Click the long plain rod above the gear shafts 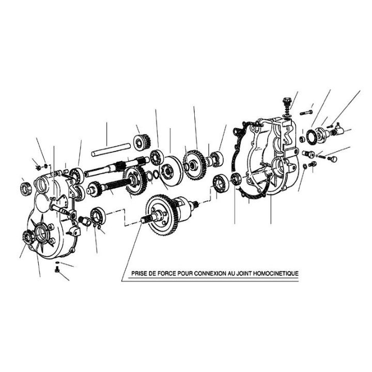111,149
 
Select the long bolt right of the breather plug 306,113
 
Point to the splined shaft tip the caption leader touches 144,220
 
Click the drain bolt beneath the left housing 57,270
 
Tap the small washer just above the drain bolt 57,262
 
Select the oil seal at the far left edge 26,189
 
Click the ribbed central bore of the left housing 41,233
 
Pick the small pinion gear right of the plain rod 142,142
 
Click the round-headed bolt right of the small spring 334,159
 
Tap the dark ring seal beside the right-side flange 311,137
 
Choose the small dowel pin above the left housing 66,171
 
